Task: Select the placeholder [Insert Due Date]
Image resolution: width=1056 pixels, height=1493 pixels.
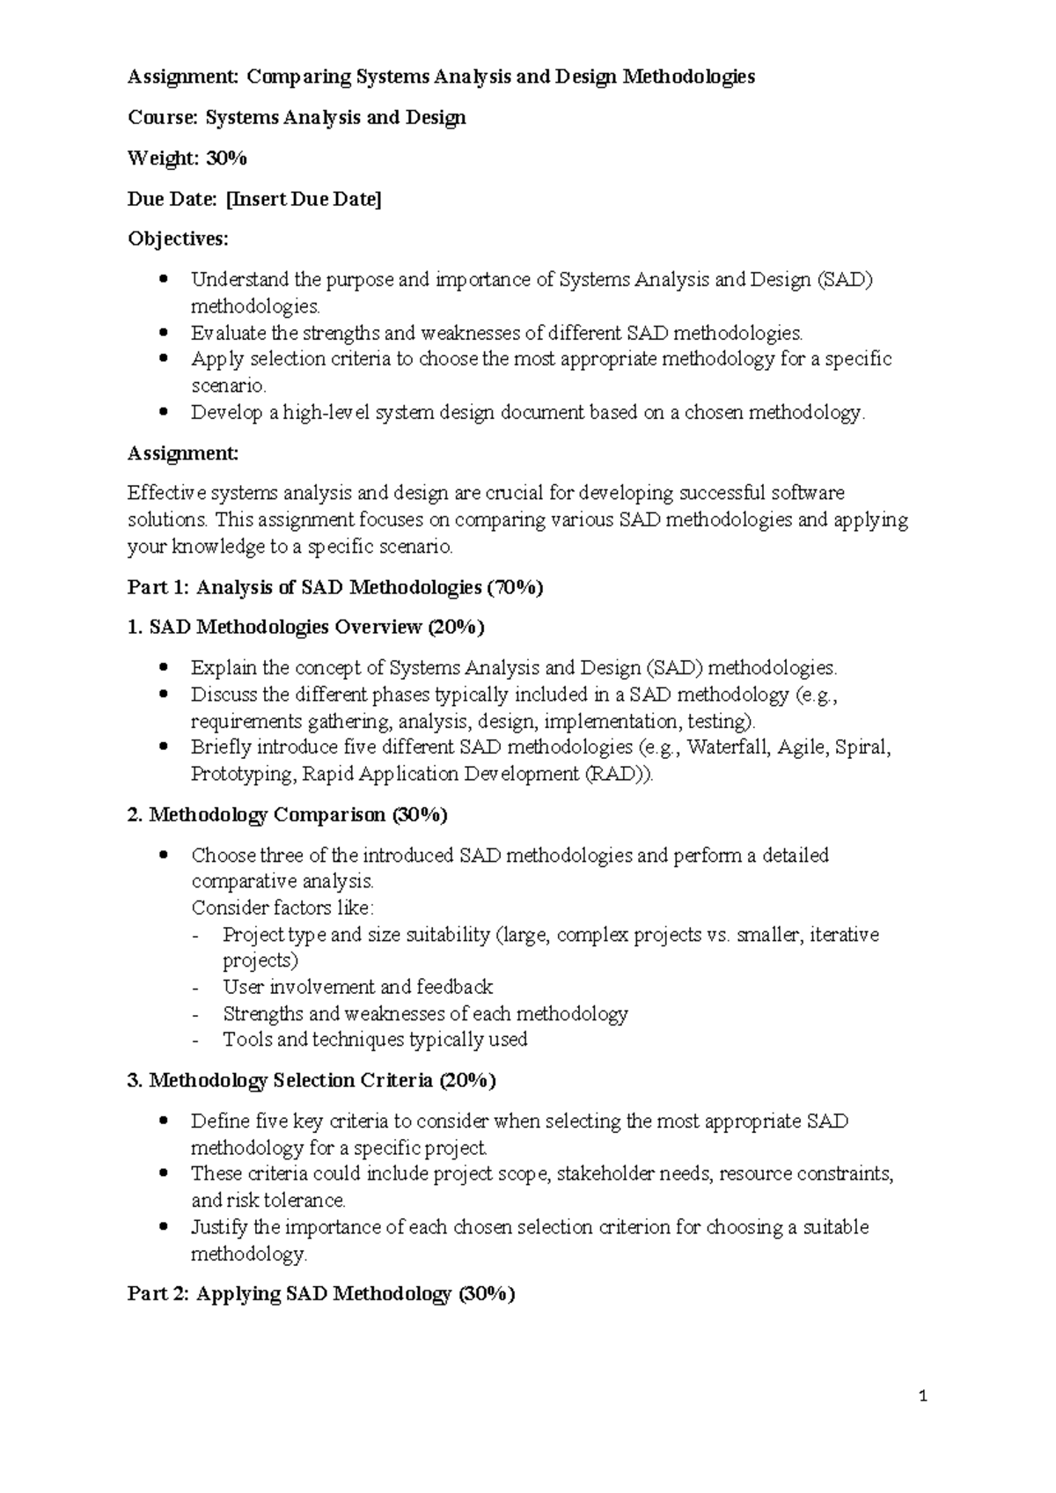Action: (x=304, y=199)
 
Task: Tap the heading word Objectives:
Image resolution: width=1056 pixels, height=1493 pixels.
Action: (x=178, y=239)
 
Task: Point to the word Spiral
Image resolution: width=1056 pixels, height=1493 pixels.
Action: (x=862, y=748)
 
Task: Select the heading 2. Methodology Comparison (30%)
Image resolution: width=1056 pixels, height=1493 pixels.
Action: (x=288, y=815)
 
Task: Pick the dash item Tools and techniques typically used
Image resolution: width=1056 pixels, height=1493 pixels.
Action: (x=375, y=1040)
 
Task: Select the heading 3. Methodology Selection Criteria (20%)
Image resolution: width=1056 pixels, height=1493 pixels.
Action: (x=312, y=1080)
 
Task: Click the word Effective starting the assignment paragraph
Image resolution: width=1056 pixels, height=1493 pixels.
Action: (x=165, y=493)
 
